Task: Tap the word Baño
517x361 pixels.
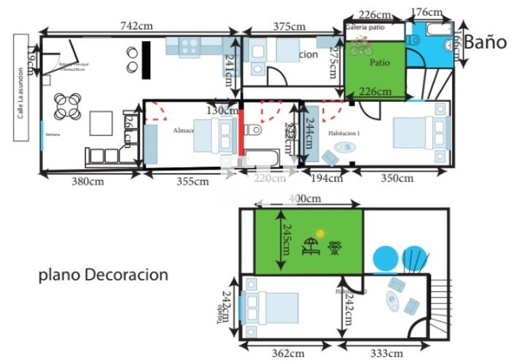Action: (x=486, y=42)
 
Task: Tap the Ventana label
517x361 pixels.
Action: (x=53, y=135)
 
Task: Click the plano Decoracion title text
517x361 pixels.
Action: (x=103, y=275)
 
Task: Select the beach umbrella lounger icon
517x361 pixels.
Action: (x=310, y=245)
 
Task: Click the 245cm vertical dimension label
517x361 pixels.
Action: (x=289, y=240)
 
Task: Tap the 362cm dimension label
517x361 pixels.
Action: (x=288, y=353)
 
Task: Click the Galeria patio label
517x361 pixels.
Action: (x=365, y=27)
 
